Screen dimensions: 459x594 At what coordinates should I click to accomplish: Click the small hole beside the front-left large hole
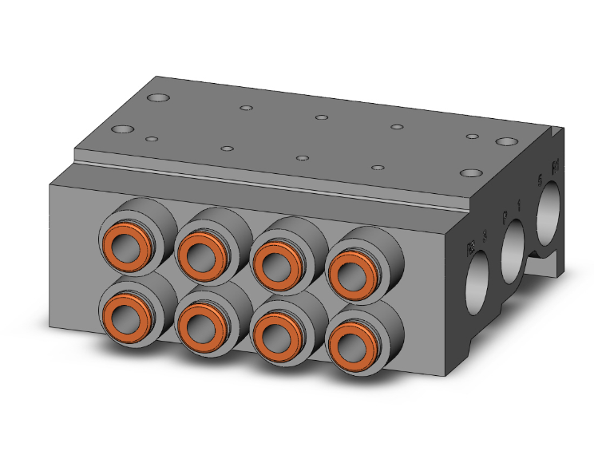pyautogui.click(x=152, y=139)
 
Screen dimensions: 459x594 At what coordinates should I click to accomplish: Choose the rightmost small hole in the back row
pyautogui.click(x=473, y=137)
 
